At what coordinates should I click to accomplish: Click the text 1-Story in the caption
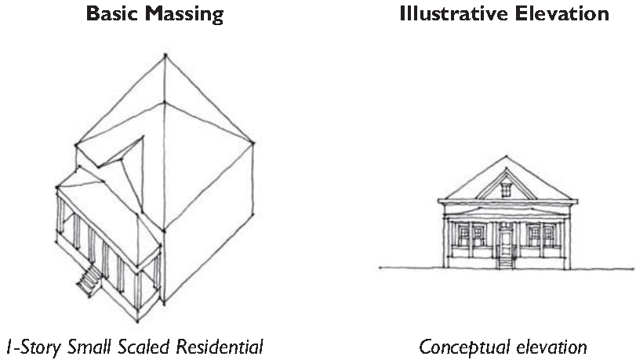point(31,345)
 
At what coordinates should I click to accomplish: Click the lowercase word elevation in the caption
point(549,345)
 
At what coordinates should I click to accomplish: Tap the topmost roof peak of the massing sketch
point(165,54)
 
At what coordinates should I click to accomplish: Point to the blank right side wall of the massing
point(208,235)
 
